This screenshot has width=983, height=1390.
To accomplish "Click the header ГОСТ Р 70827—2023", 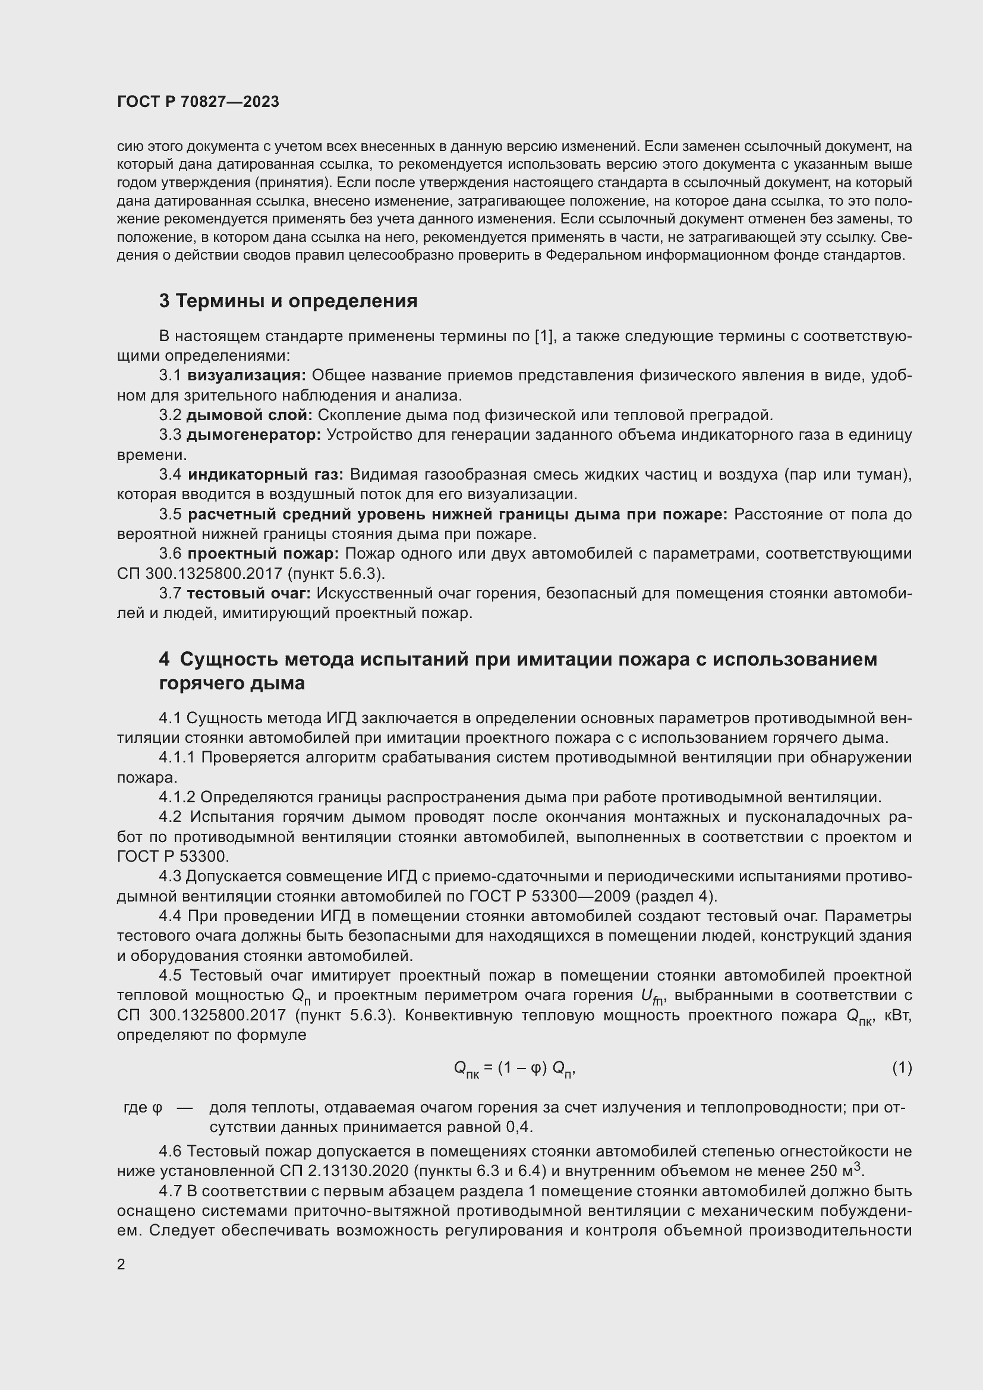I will point(198,102).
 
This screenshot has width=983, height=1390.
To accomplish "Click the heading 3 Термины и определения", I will point(288,300).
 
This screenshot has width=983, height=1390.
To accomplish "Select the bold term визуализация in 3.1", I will point(247,376).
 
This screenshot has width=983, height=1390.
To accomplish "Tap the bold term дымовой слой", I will point(249,415).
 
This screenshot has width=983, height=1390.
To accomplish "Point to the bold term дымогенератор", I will point(254,434).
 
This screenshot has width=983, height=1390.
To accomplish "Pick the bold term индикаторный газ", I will point(265,474).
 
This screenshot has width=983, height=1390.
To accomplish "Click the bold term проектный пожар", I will point(263,553).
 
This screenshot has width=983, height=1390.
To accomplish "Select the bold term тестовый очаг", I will point(249,592).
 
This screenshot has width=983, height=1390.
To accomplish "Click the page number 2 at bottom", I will point(121,1264).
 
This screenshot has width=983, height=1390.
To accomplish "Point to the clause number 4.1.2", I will point(177,798).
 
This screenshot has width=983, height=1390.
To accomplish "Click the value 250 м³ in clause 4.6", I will point(836,1170).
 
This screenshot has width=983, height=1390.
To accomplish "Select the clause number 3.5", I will point(170,514).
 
